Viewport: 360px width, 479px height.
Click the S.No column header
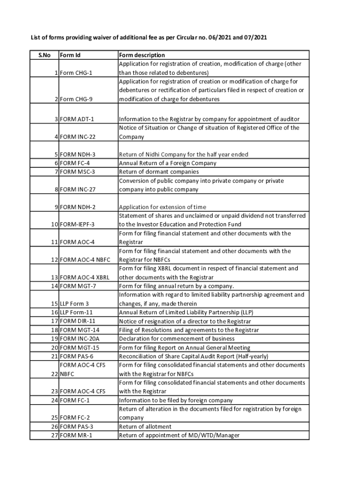[x=44, y=55]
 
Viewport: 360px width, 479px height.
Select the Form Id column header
[x=71, y=55]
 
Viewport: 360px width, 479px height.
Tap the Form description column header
[x=142, y=55]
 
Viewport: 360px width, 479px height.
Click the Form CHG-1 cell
[x=77, y=73]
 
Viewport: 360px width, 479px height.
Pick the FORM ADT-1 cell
[x=78, y=119]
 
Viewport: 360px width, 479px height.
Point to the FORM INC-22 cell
[x=78, y=137]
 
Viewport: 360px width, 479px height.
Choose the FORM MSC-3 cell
[x=78, y=172]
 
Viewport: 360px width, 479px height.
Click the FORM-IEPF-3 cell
[x=77, y=225]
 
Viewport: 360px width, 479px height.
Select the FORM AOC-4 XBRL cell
[x=85, y=277]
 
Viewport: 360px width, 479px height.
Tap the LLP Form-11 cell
[x=77, y=312]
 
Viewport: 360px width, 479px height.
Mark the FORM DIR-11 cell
[x=78, y=321]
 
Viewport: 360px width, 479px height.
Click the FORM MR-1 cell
[x=77, y=435]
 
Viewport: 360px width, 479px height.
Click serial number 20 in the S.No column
[x=54, y=348]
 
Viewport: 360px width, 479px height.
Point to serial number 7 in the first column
[x=56, y=172]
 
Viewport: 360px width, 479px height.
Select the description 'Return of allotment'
[x=145, y=427]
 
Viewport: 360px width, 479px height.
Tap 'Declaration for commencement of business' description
[x=177, y=339]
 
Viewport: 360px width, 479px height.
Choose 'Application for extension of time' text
[x=163, y=207]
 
